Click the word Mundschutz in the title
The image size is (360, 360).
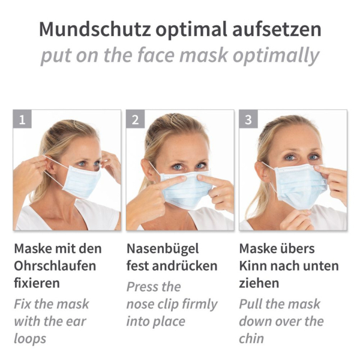tap(95, 29)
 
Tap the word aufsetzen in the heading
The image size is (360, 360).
tap(277, 29)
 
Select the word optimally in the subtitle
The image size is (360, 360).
tap(276, 56)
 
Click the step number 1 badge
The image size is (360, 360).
tap(22, 119)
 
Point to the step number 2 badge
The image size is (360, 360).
tap(135, 119)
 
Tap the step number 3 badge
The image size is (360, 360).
tap(248, 119)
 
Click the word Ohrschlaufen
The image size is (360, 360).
tap(55, 266)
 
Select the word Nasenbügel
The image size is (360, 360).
tap(163, 249)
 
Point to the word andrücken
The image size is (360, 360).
tap(185, 266)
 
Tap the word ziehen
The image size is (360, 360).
tap(259, 283)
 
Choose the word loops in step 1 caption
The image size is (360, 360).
tap(30, 339)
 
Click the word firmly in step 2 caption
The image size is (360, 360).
tap(199, 305)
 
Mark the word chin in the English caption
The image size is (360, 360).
tap(251, 338)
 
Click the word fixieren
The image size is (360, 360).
tap(37, 283)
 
